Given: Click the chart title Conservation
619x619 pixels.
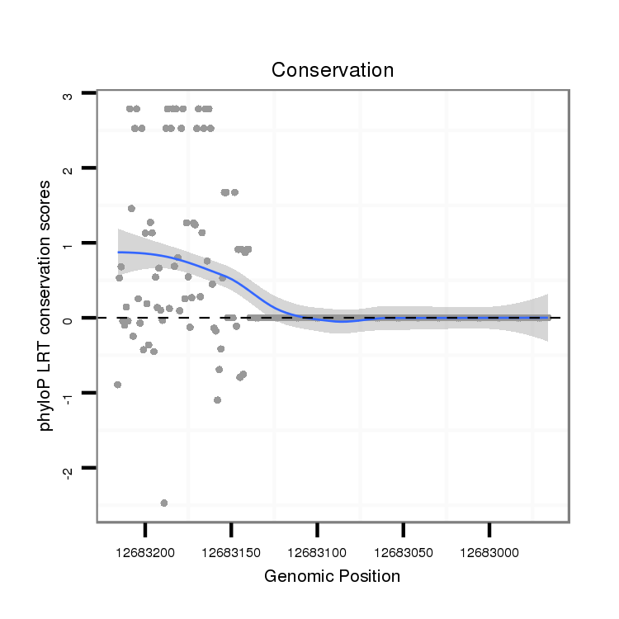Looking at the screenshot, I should (333, 70).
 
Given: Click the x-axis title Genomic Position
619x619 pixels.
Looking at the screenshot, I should (332, 576).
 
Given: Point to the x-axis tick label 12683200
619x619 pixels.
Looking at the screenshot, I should (145, 548).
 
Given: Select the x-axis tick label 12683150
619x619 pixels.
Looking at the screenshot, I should (231, 548).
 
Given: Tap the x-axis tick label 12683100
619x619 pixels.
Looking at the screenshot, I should (317, 548).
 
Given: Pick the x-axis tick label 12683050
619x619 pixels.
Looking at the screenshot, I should (403, 548).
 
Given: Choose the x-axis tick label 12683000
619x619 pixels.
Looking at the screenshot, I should (489, 548).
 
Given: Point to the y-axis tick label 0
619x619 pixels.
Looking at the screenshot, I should (68, 318).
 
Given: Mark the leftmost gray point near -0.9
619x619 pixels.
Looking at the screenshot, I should (117, 385).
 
